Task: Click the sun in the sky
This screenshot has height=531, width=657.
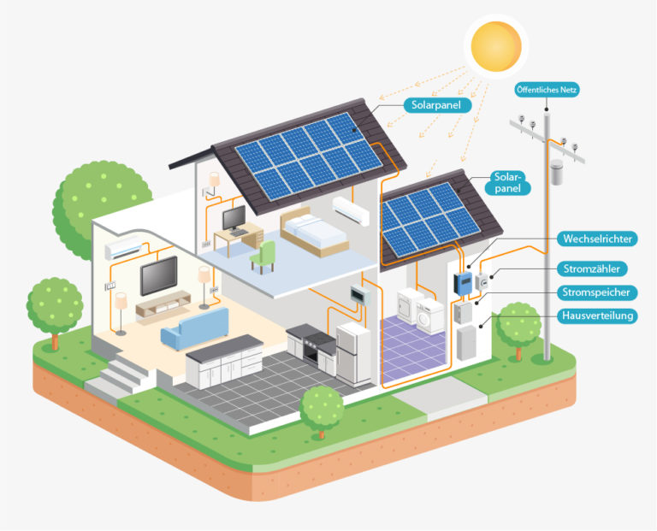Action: pos(496,46)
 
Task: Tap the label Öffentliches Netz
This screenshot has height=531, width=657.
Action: pos(547,90)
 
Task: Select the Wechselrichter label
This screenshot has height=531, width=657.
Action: pos(597,239)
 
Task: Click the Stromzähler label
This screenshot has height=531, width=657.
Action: pos(592,268)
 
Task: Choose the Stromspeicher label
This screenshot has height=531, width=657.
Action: pos(596,292)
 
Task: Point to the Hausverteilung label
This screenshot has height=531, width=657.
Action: pos(597,316)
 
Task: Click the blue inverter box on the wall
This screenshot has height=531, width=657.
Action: pos(464,284)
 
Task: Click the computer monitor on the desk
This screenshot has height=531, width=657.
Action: pos(234,219)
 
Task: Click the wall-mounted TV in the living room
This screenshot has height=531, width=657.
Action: pos(159,275)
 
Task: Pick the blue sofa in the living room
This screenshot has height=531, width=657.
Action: pos(195,328)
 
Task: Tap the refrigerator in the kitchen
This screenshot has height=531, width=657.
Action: pos(353,352)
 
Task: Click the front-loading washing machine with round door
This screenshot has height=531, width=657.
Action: pos(429,316)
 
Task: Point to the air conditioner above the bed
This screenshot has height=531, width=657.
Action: pos(351,210)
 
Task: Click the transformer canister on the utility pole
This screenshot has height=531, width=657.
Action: pos(556,172)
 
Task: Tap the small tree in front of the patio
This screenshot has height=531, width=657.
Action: pos(322,411)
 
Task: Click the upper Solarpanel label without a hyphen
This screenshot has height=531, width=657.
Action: pos(437,105)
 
